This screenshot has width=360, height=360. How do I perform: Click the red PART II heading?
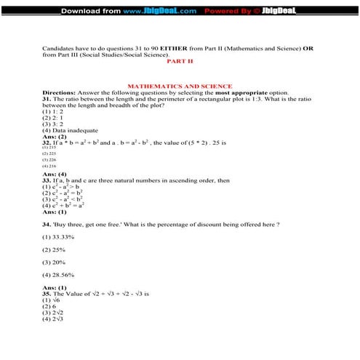pos(180,62)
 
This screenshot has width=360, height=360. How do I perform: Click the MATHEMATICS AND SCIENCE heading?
pos(180,86)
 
